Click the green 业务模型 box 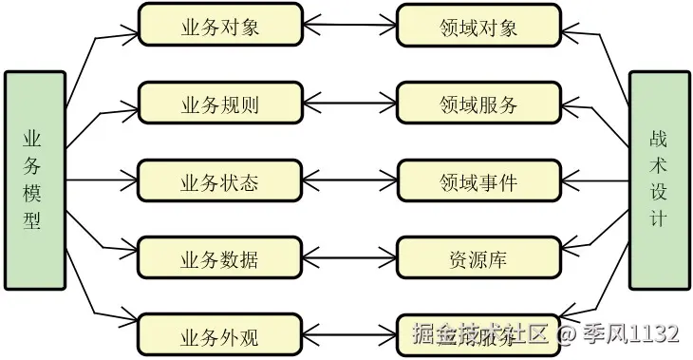point(35,180)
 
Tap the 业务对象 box point(220,26)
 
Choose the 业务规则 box point(220,104)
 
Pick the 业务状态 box point(220,180)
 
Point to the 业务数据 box point(220,258)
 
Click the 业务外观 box point(220,335)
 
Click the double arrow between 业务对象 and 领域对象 point(349,26)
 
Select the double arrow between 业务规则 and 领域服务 point(349,104)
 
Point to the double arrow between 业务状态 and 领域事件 point(349,180)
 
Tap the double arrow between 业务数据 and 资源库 point(349,258)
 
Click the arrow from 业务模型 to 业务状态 point(103,180)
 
